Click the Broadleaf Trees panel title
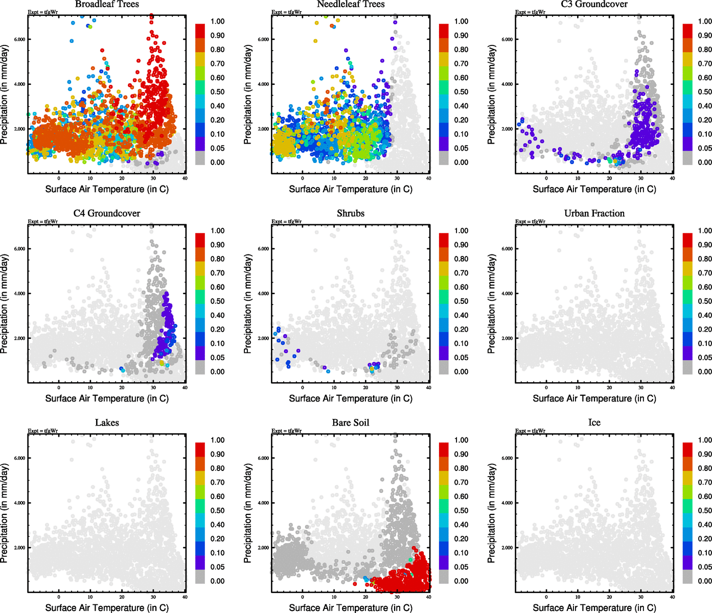(107, 4)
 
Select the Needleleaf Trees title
(351, 4)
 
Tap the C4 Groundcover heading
(107, 214)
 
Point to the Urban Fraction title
(594, 214)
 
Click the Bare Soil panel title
(351, 423)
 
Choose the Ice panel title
(594, 423)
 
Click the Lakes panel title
(107, 423)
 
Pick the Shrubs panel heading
(351, 214)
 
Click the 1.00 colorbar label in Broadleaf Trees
(218, 21)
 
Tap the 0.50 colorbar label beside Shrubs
(462, 301)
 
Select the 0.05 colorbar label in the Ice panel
(705, 567)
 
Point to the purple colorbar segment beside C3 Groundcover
(687, 144)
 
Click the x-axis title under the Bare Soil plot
(351, 608)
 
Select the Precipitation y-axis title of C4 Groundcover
(5, 304)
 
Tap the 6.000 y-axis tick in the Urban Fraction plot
(507, 249)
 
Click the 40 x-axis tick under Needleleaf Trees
(428, 178)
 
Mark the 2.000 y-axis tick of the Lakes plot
(19, 548)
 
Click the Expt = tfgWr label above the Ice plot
(530, 431)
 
